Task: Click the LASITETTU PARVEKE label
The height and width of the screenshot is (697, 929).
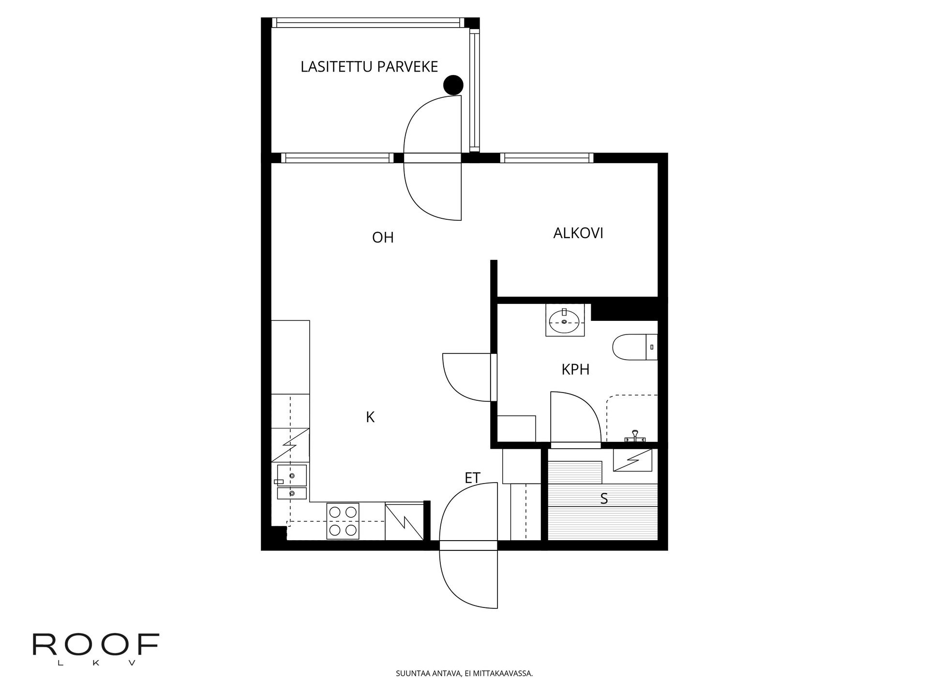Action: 369,67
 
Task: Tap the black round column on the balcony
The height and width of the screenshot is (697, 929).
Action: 453,85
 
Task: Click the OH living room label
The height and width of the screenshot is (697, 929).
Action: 383,238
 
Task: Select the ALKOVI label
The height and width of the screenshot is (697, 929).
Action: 578,233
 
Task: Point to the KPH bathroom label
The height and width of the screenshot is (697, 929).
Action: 575,370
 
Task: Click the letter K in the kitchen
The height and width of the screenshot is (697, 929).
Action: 370,417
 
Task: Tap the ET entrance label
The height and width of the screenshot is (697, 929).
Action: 472,478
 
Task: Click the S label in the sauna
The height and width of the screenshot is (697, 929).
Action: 604,499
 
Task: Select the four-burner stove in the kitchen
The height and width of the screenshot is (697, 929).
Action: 343,521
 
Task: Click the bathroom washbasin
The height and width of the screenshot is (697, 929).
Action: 564,320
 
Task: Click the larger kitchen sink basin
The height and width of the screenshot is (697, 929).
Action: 292,476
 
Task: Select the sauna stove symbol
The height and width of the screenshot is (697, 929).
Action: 632,460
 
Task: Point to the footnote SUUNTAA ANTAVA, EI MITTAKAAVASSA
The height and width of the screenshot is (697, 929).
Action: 464,673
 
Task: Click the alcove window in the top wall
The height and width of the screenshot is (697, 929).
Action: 547,158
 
